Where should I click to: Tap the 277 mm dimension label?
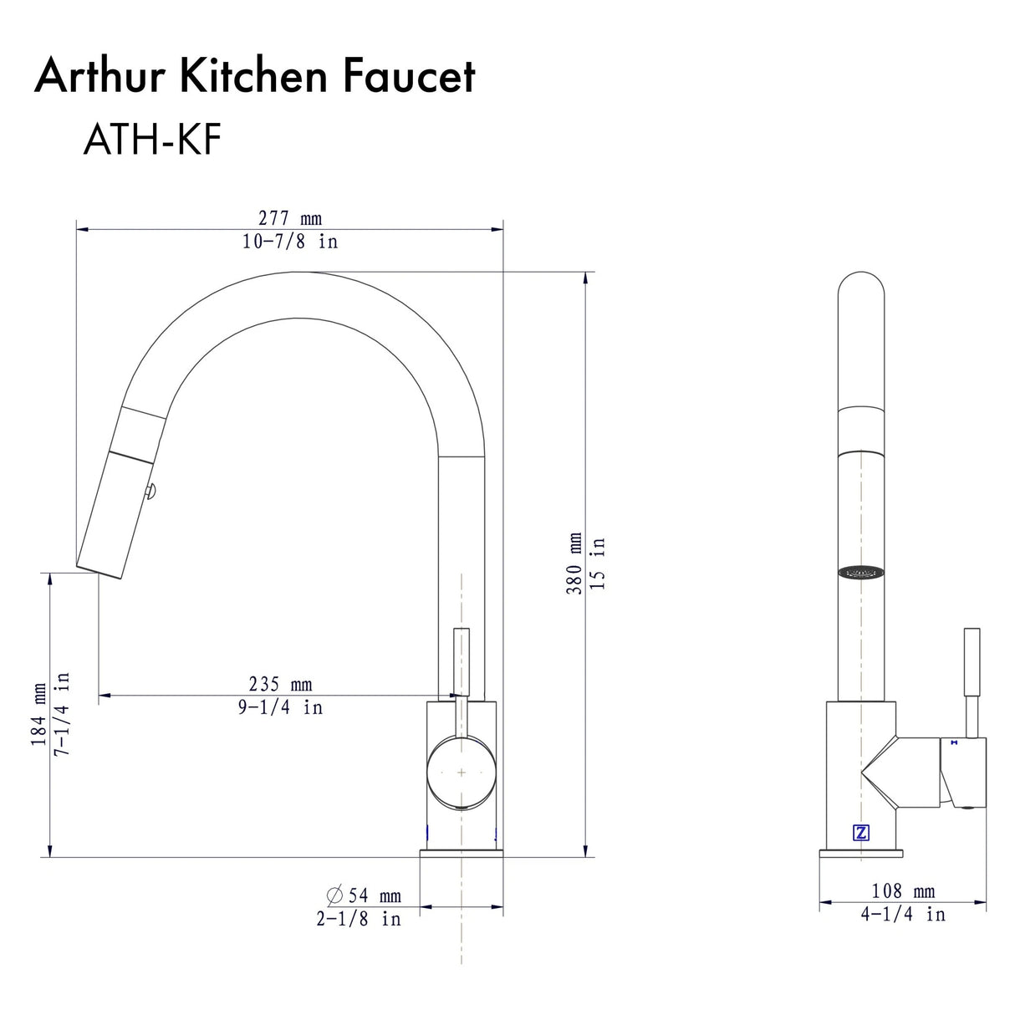point(289,218)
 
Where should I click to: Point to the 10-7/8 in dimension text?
point(289,242)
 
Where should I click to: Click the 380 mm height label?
point(574,564)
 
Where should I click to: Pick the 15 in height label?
point(597,564)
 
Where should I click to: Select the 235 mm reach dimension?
point(280,685)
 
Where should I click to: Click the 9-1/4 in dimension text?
point(280,707)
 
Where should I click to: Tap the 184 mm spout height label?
point(39,715)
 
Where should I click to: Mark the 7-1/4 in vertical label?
point(62,715)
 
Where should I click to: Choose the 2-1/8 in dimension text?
point(359,919)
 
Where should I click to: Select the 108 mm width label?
point(903,891)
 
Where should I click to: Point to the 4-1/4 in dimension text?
point(903,915)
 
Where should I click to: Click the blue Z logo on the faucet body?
point(860,833)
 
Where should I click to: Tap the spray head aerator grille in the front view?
point(860,573)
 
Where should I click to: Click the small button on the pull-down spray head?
point(150,493)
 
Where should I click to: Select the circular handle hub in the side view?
point(461,773)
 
